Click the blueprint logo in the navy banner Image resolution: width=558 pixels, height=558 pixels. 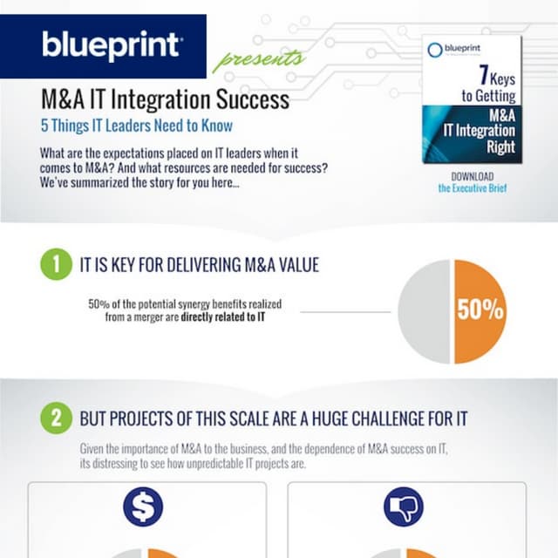click(112, 44)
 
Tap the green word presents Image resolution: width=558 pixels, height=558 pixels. click(258, 60)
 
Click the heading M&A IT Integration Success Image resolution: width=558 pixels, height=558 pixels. click(165, 99)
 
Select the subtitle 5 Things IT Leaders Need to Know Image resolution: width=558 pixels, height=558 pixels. click(136, 126)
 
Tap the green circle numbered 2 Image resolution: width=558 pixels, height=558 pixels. click(56, 418)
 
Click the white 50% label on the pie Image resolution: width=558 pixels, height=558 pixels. click(480, 310)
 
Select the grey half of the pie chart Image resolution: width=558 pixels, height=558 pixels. click(425, 311)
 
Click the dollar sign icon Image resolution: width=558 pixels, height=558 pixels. click(143, 507)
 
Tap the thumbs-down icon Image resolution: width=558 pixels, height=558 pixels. click(403, 507)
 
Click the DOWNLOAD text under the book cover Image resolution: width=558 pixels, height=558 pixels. click(473, 176)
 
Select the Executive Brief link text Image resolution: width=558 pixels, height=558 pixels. click(473, 188)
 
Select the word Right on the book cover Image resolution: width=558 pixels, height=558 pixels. click(498, 148)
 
